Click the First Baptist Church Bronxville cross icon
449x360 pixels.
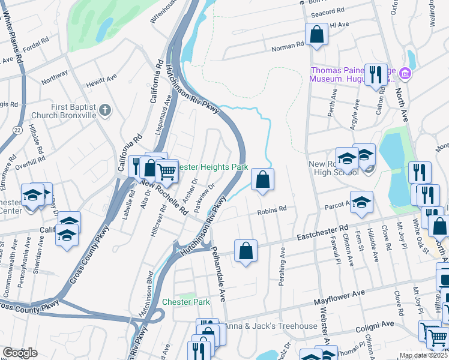(x=105, y=110)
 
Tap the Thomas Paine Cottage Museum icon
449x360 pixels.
(x=405, y=74)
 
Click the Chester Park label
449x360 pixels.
(x=186, y=302)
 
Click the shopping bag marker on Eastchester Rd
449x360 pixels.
(x=246, y=250)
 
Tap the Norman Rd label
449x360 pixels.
(x=288, y=46)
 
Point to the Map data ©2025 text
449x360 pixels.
(x=423, y=355)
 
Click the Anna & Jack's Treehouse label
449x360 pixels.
(x=270, y=326)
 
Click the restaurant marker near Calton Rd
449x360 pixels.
(x=376, y=74)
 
